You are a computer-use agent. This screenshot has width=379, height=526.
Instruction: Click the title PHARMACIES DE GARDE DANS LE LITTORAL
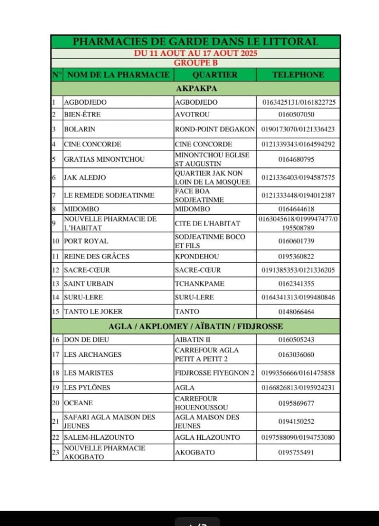pyautogui.click(x=196, y=42)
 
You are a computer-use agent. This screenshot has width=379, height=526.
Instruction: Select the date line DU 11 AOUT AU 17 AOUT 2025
pyautogui.click(x=196, y=53)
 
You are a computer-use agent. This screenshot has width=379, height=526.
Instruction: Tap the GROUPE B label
pyautogui.click(x=196, y=63)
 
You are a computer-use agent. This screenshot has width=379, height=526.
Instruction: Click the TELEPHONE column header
pyautogui.click(x=298, y=74)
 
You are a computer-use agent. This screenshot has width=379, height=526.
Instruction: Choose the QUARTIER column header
pyautogui.click(x=215, y=74)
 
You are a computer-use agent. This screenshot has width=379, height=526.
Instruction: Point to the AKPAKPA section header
pyautogui.click(x=196, y=88)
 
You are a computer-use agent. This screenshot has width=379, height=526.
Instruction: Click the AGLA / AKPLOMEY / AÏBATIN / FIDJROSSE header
pyautogui.click(x=196, y=326)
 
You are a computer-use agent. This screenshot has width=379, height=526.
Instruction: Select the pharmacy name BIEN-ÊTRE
pyautogui.click(x=79, y=115)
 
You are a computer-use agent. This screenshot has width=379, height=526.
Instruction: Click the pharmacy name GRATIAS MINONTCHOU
pyautogui.click(x=104, y=159)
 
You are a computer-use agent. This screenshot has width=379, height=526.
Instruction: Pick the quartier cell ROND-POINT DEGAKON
pyautogui.click(x=215, y=129)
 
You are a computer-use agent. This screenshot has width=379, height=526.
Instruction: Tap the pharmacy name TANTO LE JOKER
pyautogui.click(x=93, y=311)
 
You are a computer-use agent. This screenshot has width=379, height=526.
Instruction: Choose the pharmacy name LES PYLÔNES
pyautogui.click(x=87, y=387)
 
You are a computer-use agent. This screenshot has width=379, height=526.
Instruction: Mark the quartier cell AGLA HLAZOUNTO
pyautogui.click(x=207, y=437)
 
